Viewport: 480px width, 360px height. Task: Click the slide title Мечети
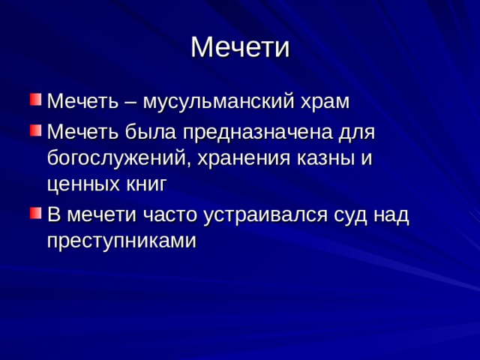coord(240,47)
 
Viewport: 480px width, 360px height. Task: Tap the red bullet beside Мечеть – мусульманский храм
coord(35,100)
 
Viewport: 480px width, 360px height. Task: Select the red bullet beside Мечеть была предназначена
coord(35,130)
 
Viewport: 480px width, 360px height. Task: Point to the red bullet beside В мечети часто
coord(35,213)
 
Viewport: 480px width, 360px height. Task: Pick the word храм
coord(325,102)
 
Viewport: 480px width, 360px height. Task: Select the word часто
coord(170,215)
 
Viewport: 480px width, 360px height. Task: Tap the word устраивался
coord(265,215)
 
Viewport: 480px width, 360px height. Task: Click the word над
coord(391,215)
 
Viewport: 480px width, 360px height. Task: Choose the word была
coord(151,132)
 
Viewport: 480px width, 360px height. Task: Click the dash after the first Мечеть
coord(130,102)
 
